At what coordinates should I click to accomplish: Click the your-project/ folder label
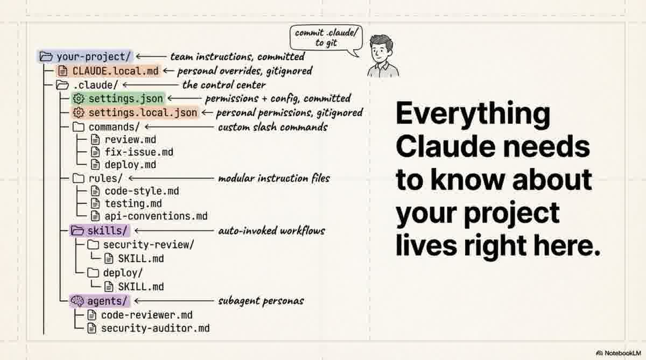(86, 57)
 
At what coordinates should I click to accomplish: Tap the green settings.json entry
(117, 98)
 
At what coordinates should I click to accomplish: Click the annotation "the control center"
(224, 85)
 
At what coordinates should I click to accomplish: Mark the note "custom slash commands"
(272, 128)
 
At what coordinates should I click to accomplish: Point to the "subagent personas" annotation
(261, 301)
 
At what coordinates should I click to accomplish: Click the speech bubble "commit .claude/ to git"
(327, 37)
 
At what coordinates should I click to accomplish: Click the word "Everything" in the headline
(473, 114)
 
